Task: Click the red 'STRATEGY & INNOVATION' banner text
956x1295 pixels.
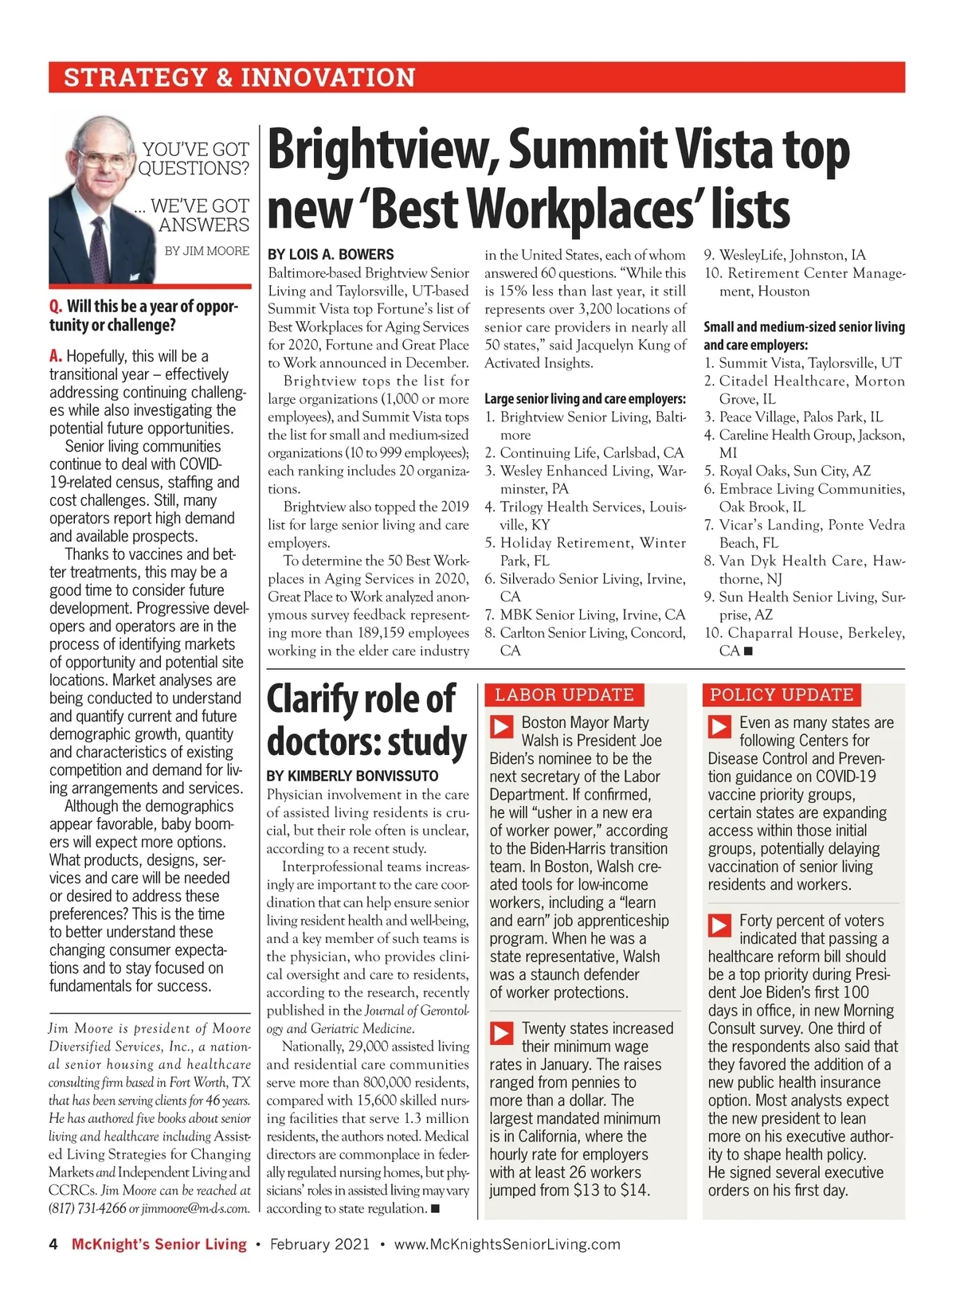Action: click(239, 77)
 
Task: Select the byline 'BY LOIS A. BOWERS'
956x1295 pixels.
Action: click(331, 255)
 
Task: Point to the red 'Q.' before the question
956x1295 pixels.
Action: click(56, 307)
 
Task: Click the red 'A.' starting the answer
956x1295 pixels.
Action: click(56, 356)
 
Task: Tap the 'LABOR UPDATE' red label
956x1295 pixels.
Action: click(564, 694)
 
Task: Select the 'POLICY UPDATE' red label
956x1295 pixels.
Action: click(782, 694)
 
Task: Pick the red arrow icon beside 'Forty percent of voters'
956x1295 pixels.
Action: click(720, 925)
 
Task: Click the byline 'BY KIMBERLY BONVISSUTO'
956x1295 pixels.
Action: click(352, 776)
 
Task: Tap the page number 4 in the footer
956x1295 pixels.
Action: click(53, 1244)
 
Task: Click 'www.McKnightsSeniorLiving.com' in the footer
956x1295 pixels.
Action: click(507, 1244)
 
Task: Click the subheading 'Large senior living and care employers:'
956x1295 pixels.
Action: click(585, 398)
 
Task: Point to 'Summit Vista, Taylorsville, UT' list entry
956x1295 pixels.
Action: click(810, 363)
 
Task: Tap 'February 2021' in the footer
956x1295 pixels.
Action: click(319, 1244)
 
